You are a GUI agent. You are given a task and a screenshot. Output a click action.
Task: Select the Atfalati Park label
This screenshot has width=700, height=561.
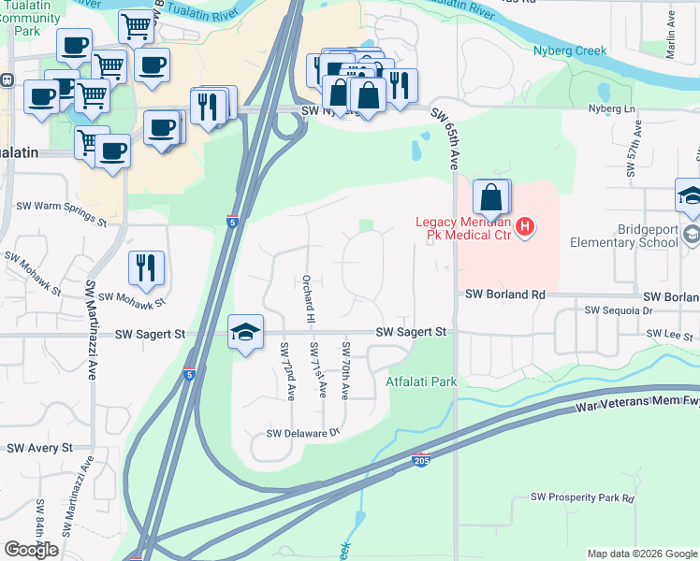click(421, 381)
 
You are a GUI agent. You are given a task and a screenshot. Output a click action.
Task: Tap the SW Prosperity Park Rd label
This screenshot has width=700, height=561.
click(582, 498)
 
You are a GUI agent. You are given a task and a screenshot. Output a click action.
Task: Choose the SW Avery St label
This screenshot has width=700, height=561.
click(39, 449)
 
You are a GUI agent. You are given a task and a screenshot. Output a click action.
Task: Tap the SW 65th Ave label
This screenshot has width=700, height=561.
click(445, 138)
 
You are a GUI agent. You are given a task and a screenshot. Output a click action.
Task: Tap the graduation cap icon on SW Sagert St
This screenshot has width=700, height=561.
click(245, 332)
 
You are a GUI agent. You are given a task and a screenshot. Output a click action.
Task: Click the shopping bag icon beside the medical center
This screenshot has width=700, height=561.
click(491, 196)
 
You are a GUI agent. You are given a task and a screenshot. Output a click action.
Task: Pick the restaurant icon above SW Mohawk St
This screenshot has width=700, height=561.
click(146, 268)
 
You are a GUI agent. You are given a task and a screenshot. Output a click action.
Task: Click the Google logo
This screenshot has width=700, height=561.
click(31, 550)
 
